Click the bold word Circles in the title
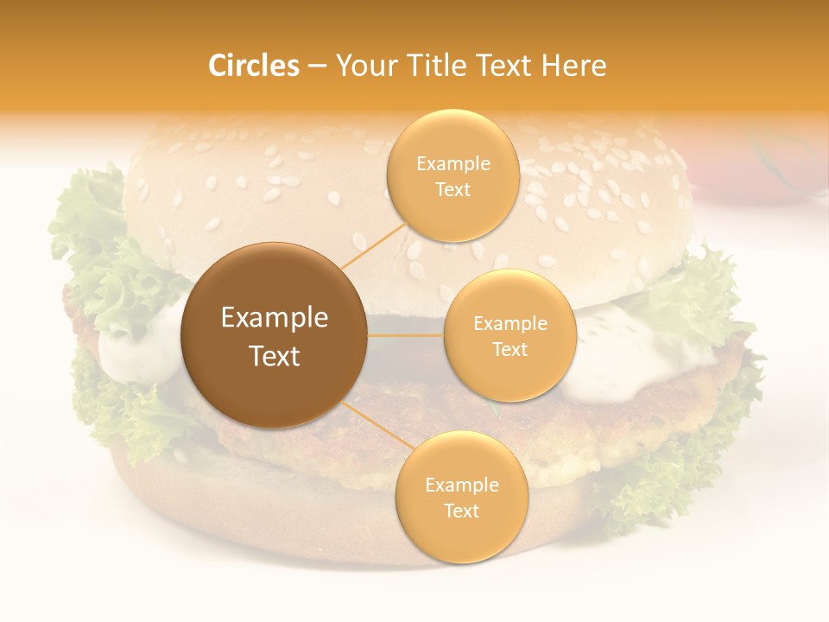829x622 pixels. pyautogui.click(x=254, y=66)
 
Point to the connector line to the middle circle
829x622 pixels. pyautogui.click(x=405, y=335)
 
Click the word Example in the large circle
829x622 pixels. pyautogui.click(x=275, y=318)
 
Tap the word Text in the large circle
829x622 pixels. pyautogui.click(x=275, y=356)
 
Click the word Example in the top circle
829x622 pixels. pyautogui.click(x=452, y=164)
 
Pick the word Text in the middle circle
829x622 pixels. pyautogui.click(x=509, y=349)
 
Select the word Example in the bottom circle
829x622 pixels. pyautogui.click(x=461, y=485)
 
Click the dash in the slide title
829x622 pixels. pyautogui.click(x=316, y=66)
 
